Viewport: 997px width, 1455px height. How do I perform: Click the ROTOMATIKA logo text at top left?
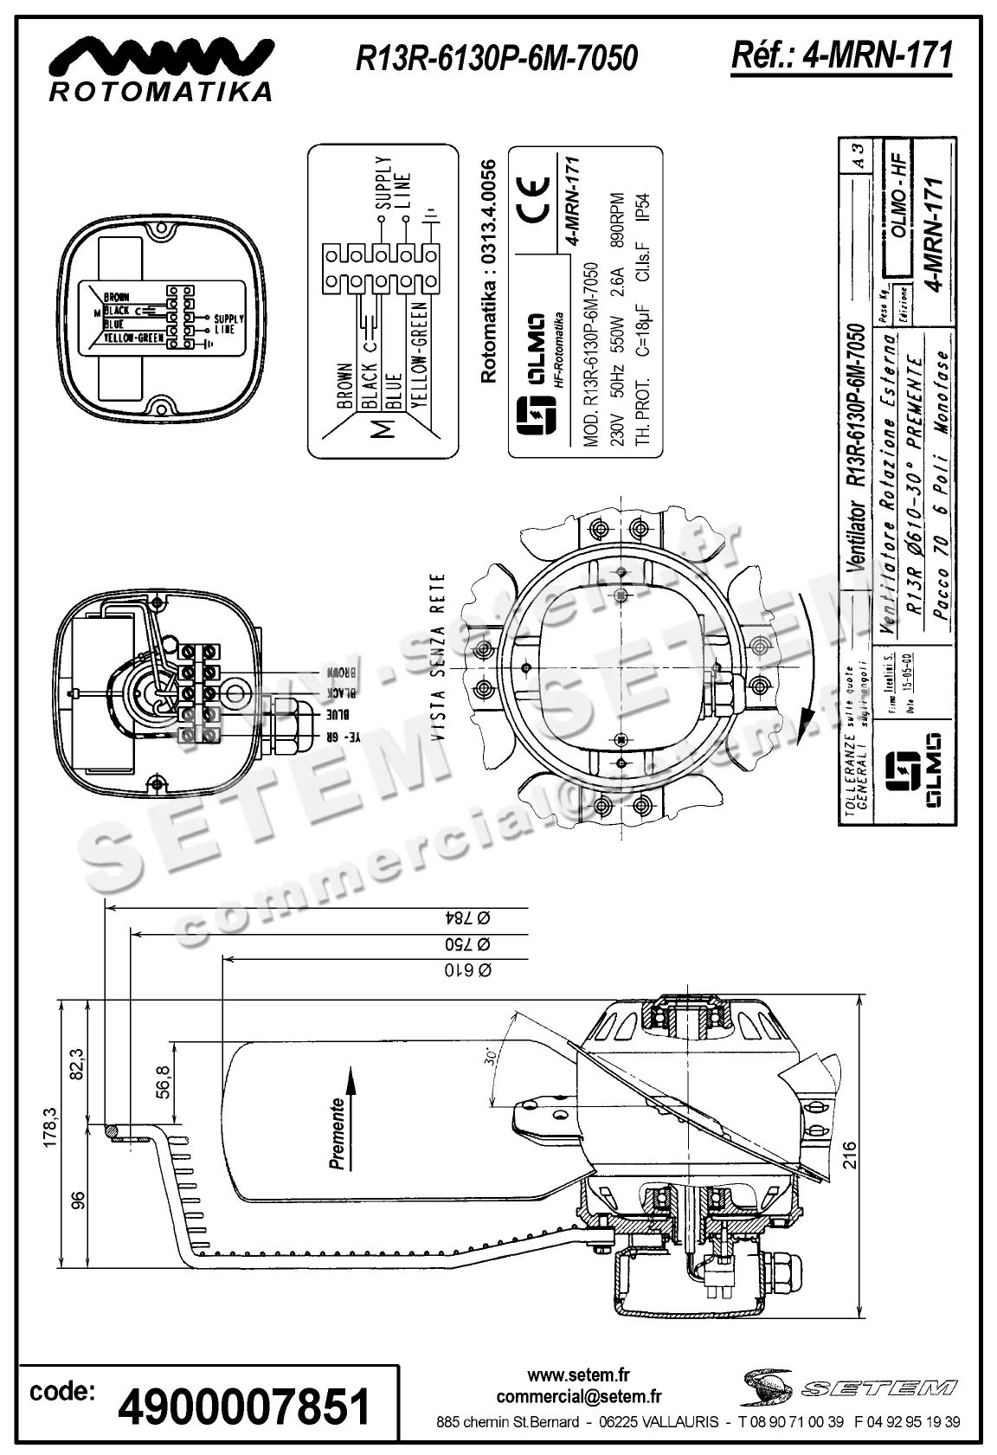[x=161, y=90]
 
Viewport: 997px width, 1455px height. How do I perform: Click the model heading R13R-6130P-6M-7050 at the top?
[x=497, y=58]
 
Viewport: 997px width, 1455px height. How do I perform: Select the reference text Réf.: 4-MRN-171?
[x=841, y=55]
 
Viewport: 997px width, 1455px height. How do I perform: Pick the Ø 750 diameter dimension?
[x=468, y=943]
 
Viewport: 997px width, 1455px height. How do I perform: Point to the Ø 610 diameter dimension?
[x=468, y=969]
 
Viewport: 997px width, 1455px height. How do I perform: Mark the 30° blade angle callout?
[x=491, y=1059]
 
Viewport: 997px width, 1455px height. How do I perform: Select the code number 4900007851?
[x=244, y=1407]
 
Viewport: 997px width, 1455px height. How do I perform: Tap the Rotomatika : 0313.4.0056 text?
[x=489, y=271]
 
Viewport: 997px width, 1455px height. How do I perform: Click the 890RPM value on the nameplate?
[x=617, y=221]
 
